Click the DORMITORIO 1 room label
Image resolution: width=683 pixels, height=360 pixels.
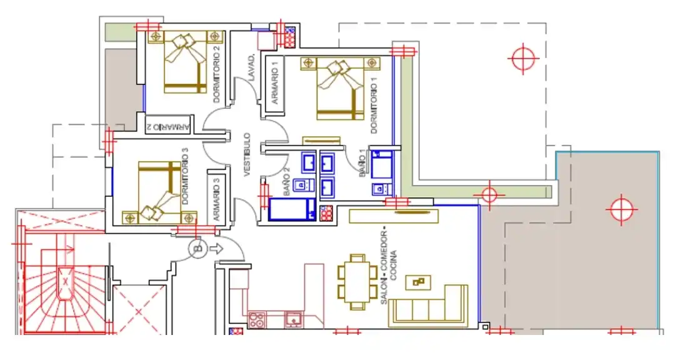click(x=374, y=106)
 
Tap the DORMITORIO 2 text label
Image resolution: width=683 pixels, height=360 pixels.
click(x=216, y=74)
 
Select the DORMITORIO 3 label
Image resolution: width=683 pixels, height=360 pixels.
click(x=185, y=176)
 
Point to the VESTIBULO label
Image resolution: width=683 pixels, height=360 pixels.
click(x=247, y=155)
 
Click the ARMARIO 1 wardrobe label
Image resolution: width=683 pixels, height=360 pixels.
click(x=274, y=86)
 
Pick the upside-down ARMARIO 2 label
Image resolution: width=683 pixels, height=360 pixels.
click(x=168, y=127)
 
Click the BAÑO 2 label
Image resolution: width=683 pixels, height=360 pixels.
click(x=286, y=182)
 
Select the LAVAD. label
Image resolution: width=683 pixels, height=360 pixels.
click(x=251, y=68)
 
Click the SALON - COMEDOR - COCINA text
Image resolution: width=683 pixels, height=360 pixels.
click(x=389, y=267)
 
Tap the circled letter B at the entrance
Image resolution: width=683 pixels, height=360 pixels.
click(x=197, y=249)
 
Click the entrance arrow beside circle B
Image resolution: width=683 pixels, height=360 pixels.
click(x=216, y=248)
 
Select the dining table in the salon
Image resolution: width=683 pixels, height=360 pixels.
click(x=357, y=281)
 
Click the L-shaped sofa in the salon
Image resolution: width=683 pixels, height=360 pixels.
click(x=429, y=306)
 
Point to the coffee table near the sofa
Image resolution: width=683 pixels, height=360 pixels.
click(x=418, y=282)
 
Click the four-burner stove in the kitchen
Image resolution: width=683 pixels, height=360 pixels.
click(x=256, y=321)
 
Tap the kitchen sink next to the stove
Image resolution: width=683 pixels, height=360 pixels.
click(x=294, y=319)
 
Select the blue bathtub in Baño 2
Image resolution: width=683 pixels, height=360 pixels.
click(x=292, y=209)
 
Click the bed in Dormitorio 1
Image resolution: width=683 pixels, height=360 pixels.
click(x=340, y=89)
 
